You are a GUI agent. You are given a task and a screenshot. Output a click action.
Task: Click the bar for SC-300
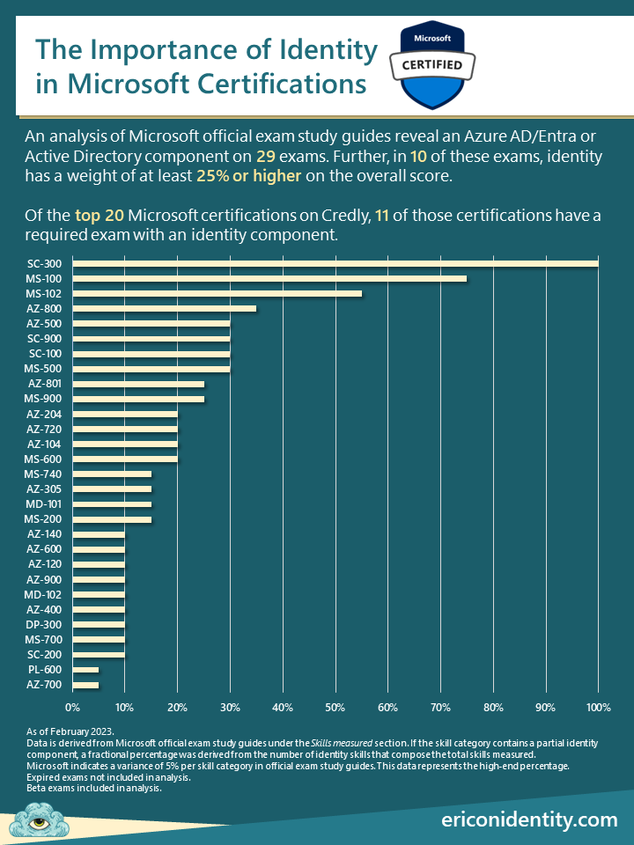point(335,262)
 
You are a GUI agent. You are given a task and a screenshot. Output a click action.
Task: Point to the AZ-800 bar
point(164,308)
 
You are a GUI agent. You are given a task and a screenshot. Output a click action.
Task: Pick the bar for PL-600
point(85,670)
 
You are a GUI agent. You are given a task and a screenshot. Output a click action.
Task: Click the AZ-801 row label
point(42,384)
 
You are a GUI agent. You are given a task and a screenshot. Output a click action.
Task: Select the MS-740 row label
point(42,474)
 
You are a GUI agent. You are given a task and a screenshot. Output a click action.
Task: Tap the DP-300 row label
point(42,625)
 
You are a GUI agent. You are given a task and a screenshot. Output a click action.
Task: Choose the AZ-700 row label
point(42,685)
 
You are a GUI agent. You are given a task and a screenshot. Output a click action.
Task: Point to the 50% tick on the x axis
point(335,707)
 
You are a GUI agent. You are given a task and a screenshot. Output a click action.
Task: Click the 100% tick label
point(598,707)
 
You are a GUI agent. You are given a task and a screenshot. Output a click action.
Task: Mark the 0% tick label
point(73,707)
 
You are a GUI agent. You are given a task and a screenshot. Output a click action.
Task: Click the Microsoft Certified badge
point(432,64)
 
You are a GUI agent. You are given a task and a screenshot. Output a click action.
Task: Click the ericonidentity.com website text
point(529,819)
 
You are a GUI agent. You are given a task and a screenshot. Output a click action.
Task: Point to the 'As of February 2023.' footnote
point(70,731)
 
